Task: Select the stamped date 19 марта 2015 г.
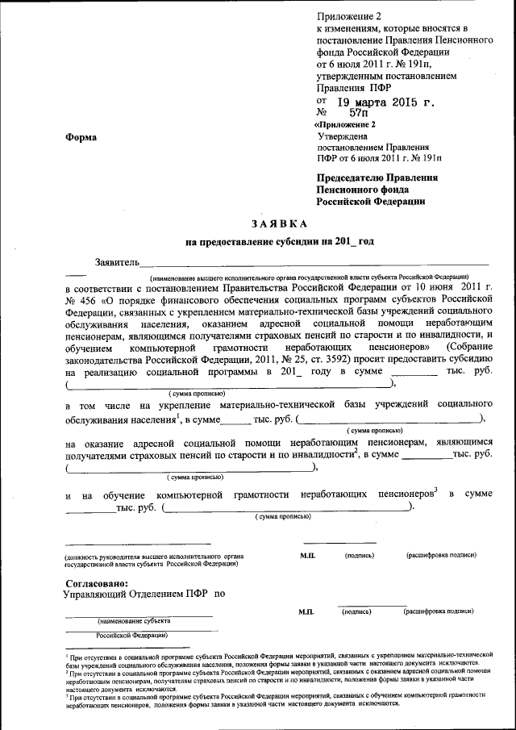(x=387, y=103)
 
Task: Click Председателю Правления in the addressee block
(x=376, y=177)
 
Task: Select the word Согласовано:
(x=95, y=582)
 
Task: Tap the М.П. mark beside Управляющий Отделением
(x=306, y=612)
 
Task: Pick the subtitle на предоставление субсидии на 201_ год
(x=280, y=241)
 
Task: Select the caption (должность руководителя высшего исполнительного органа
(x=153, y=557)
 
